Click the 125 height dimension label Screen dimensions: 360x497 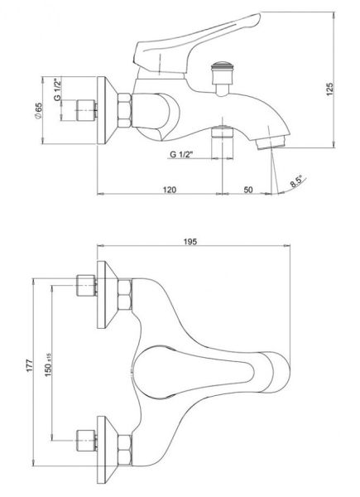[329, 89]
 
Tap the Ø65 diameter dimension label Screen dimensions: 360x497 [38, 111]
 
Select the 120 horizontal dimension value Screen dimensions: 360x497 [170, 190]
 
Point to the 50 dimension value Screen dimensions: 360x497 [248, 190]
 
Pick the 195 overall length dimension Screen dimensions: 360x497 [190, 242]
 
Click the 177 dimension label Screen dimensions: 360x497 [30, 365]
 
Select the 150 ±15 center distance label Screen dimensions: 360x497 [48, 364]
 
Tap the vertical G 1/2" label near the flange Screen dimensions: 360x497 [57, 89]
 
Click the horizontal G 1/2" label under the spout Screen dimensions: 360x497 [181, 154]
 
